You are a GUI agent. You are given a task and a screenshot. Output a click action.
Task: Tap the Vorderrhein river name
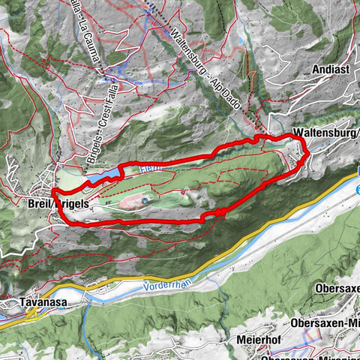coord(171,286)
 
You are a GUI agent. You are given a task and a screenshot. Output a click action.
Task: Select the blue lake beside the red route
coord(103,177)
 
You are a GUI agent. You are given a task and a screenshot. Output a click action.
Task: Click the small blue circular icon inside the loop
coord(145,200)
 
